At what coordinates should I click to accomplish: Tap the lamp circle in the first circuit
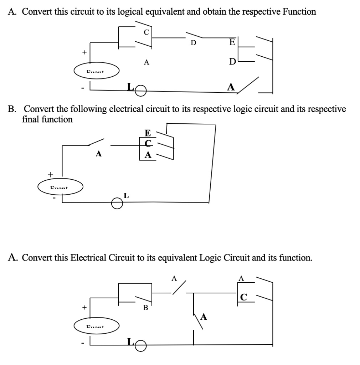point(141,92)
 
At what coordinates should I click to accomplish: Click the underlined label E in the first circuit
point(232,42)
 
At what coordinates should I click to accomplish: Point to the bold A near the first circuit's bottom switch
point(231,87)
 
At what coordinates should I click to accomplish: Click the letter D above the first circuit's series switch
point(193,43)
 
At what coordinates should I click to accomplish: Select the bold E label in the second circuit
point(148,133)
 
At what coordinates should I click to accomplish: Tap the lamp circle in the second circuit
point(117,204)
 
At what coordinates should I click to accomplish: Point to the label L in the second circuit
point(126,195)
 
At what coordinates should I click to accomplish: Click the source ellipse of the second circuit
point(61,187)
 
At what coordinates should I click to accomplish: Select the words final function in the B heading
point(47,119)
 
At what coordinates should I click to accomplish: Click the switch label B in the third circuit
point(145,307)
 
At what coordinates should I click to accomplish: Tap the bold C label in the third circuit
point(243,297)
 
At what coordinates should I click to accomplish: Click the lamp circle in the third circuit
point(141,346)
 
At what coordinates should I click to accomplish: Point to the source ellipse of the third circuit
point(97,326)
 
